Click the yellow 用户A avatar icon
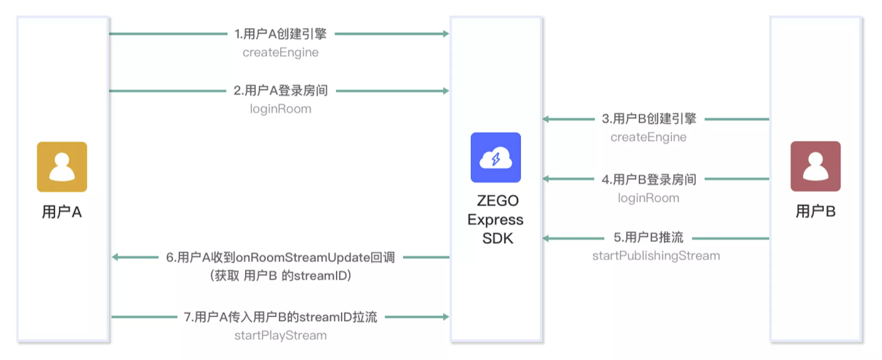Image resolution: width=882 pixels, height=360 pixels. tap(62, 167)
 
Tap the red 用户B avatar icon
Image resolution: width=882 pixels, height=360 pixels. tap(815, 166)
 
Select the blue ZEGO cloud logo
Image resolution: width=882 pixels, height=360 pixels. tap(496, 157)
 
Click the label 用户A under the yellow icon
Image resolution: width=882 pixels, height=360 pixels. tap(62, 212)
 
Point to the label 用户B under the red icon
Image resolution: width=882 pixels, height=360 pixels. tap(815, 211)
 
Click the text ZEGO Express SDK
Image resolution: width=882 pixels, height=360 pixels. tap(496, 219)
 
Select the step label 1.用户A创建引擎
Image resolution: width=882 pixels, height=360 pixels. tap(281, 34)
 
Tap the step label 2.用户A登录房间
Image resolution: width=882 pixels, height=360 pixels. tap(281, 91)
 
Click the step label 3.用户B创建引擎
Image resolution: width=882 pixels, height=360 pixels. tap(649, 118)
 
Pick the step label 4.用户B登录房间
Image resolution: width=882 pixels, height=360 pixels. tap(649, 179)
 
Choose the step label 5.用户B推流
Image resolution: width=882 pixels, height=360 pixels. tap(648, 238)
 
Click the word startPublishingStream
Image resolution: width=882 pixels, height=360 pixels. tap(656, 256)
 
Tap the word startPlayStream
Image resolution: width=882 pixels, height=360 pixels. tap(280, 335)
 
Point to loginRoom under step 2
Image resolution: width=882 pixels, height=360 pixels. tap(280, 109)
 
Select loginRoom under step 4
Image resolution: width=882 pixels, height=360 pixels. tap(648, 198)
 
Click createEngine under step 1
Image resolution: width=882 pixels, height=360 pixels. tap(280, 52)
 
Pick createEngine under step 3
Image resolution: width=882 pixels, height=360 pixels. tap(648, 137)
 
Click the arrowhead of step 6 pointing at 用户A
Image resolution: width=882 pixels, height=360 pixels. tap(115, 257)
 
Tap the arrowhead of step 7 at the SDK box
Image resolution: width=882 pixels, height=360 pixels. tap(446, 317)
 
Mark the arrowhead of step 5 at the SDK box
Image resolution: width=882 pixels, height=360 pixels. tap(546, 238)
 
